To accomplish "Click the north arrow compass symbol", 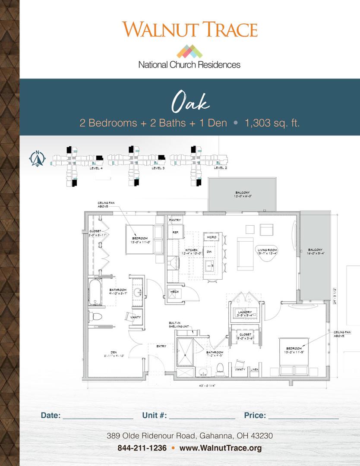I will pyautogui.click(x=38, y=159).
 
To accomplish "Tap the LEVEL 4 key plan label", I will pyautogui.click(x=96, y=168).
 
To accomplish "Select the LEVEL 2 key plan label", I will pyautogui.click(x=220, y=168).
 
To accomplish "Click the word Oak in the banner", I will pyautogui.click(x=190, y=102).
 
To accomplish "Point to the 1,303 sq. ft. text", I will pyautogui.click(x=272, y=123).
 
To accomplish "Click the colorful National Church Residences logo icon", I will pyautogui.click(x=189, y=51).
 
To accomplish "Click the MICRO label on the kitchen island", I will pyautogui.click(x=212, y=237).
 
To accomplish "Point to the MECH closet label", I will pyautogui.click(x=174, y=292).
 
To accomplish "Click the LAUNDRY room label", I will pyautogui.click(x=245, y=312).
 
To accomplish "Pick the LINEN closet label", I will pyautogui.click(x=254, y=369).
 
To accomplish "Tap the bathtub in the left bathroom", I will pyautogui.click(x=95, y=292).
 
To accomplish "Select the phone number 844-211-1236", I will pyautogui.click(x=142, y=448).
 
